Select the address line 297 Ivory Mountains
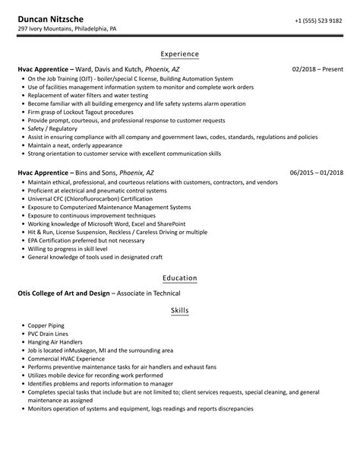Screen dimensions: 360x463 (x=67, y=30)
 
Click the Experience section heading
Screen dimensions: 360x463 (x=180, y=54)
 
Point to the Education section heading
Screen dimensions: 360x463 (x=180, y=278)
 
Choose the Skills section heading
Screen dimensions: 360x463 (x=180, y=310)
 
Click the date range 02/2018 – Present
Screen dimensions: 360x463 (x=317, y=68)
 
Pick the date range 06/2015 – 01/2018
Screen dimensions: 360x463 (x=317, y=173)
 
